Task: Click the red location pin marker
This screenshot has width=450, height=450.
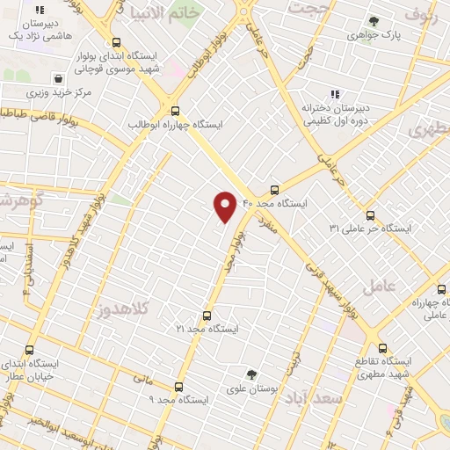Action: click(x=225, y=206)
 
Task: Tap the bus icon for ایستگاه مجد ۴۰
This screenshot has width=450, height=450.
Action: click(x=275, y=189)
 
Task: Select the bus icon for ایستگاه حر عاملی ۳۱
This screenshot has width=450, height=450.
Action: click(x=370, y=214)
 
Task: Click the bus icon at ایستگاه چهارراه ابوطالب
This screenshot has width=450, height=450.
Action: click(x=175, y=111)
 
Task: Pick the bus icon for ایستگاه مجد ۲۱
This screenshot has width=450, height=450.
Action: click(x=207, y=315)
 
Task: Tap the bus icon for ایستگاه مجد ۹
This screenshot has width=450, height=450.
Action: click(x=179, y=386)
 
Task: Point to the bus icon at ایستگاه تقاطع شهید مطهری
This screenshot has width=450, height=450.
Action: click(x=382, y=348)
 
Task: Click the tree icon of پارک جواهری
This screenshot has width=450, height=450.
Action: click(x=374, y=21)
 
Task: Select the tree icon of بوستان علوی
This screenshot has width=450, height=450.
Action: click(x=251, y=374)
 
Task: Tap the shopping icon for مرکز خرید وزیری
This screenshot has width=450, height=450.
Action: click(x=58, y=78)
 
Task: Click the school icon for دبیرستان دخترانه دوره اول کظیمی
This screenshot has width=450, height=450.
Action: click(x=334, y=93)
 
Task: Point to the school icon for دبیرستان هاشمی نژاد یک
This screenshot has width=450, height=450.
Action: click(x=40, y=11)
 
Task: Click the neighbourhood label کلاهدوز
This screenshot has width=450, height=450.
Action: click(x=123, y=308)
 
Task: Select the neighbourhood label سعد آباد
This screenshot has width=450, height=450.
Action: click(x=313, y=398)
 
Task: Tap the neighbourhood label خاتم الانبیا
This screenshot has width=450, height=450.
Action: click(x=166, y=15)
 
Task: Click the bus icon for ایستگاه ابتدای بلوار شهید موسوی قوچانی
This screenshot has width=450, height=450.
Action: click(x=117, y=42)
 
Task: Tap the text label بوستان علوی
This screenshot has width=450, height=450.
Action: click(x=252, y=389)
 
